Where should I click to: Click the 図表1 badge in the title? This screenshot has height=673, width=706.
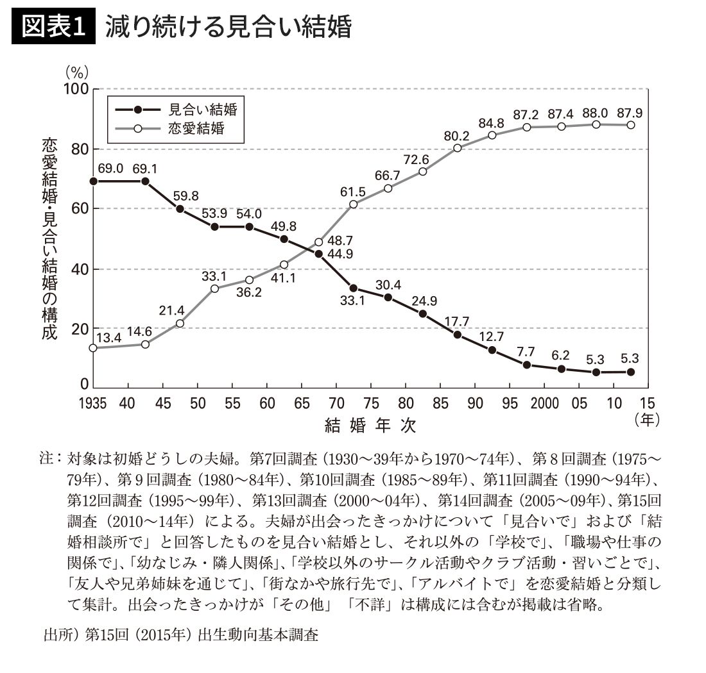coord(53,29)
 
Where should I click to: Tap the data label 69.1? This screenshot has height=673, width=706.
coord(146,169)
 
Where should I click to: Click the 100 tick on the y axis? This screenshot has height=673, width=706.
coord(75,89)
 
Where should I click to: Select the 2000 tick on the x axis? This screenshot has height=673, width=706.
coord(544,403)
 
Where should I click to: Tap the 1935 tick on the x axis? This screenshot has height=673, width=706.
coord(93,403)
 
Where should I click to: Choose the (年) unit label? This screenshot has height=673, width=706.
coord(646,420)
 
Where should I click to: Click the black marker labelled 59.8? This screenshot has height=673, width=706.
coord(180,209)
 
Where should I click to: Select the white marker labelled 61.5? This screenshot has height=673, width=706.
coord(354,204)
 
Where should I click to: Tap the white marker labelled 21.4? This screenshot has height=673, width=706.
coord(180,323)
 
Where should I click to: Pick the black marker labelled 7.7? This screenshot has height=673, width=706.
coord(527,365)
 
